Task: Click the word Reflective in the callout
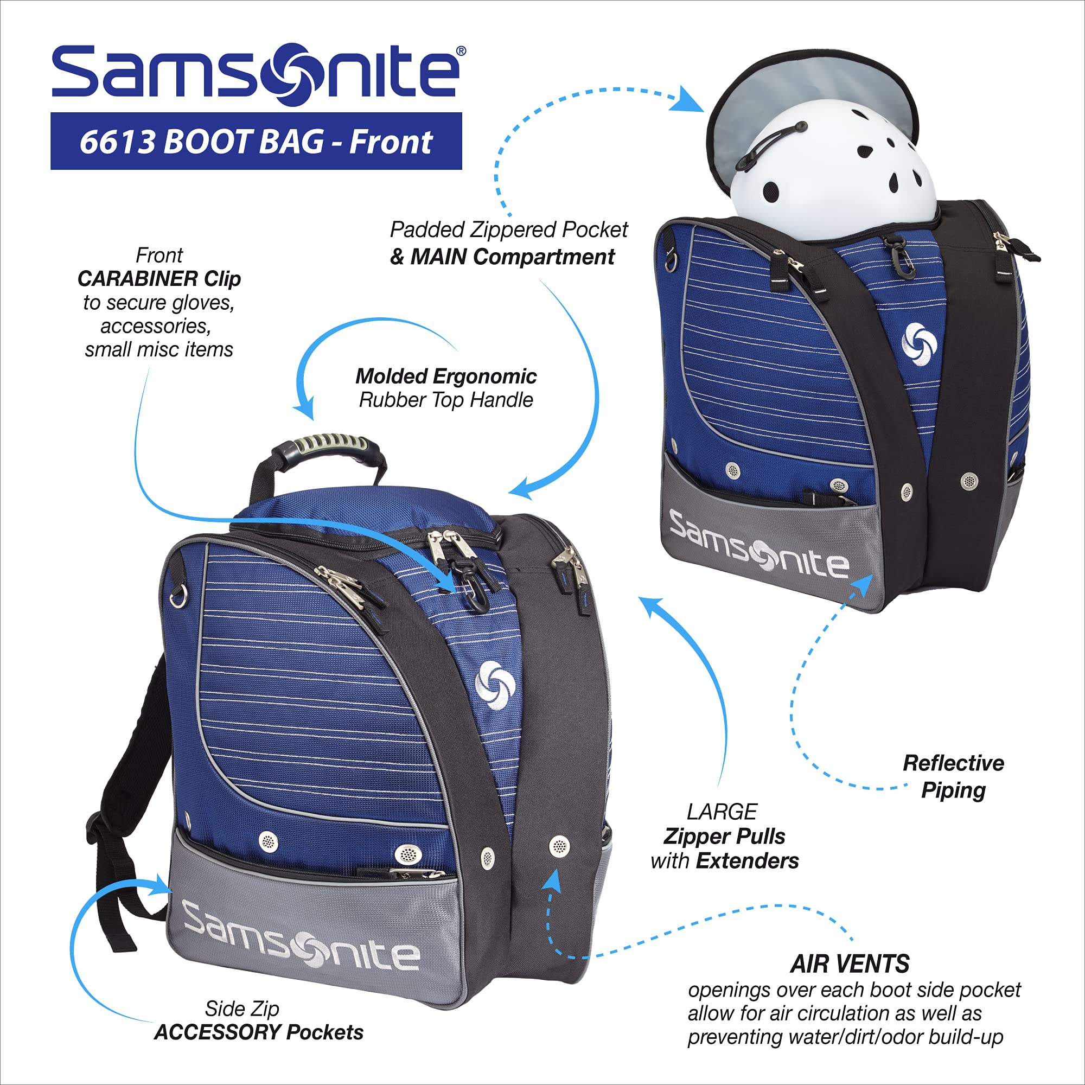[953, 763]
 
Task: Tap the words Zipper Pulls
[724, 836]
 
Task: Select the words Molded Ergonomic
[446, 376]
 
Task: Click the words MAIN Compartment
[512, 257]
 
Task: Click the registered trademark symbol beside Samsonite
[461, 51]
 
